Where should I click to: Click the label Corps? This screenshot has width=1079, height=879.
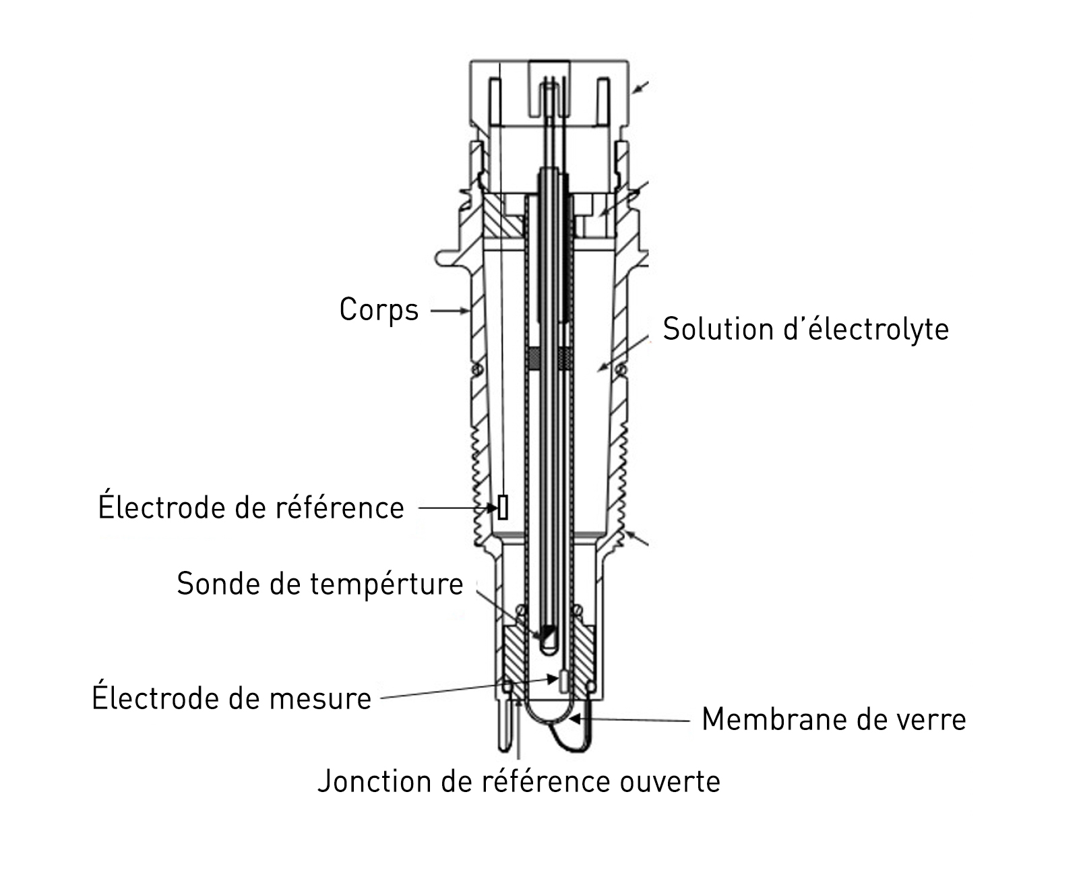(379, 310)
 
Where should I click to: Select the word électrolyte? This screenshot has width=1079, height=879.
(876, 329)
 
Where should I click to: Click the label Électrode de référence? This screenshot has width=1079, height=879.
(251, 508)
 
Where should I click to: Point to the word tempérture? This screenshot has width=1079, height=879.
(387, 584)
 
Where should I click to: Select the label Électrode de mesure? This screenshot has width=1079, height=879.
(231, 698)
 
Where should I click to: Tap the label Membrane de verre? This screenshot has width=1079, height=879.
(834, 719)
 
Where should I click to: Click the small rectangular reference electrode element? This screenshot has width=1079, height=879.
(503, 508)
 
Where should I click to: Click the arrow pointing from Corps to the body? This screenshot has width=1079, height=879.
(450, 311)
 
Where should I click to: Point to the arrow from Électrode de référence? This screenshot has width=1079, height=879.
(458, 508)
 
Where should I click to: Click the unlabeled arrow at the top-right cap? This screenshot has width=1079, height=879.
(640, 88)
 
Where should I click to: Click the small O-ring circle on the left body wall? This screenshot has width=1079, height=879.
(478, 370)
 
